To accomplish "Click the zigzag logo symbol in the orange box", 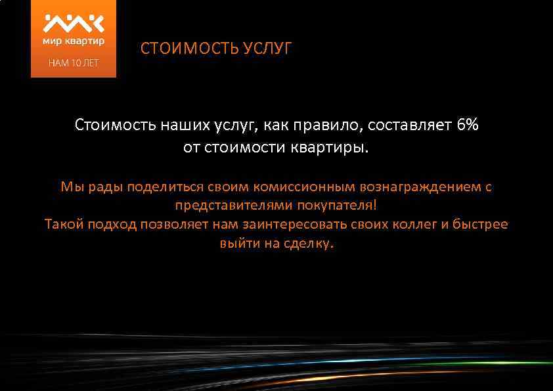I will click(74, 23).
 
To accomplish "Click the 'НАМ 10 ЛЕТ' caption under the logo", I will click(73, 64).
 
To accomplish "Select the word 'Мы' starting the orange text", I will click(69, 187).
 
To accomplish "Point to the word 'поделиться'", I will click(161, 187).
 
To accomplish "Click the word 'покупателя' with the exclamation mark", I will click(337, 205).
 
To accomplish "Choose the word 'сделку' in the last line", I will click(312, 243).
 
